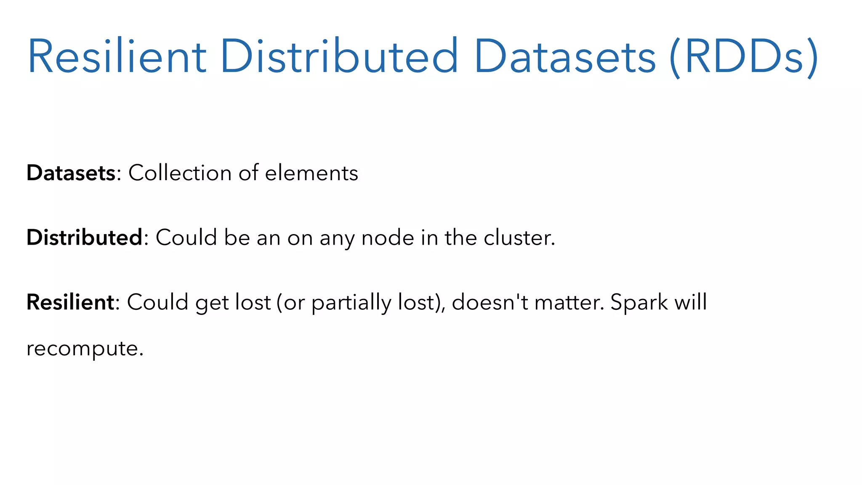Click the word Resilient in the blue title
[117, 57]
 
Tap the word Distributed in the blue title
[338, 57]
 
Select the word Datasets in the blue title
[564, 57]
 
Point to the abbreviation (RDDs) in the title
[743, 57]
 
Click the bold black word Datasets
[71, 173]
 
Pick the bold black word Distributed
[85, 237]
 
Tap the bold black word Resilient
[70, 302]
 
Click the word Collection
[180, 173]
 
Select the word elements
[311, 173]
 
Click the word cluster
[519, 238]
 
